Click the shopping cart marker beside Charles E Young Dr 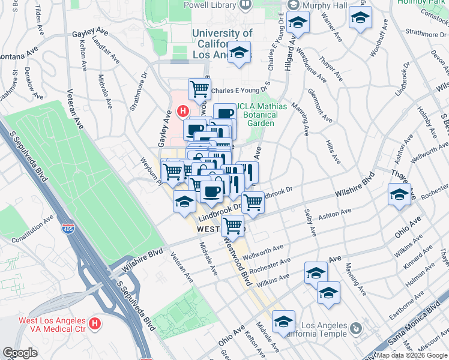tap(199, 89)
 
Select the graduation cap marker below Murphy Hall tap(297, 23)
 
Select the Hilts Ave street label tap(331, 149)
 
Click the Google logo tap(20, 353)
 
